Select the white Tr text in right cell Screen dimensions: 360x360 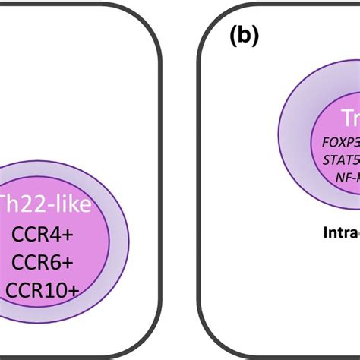348,118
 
